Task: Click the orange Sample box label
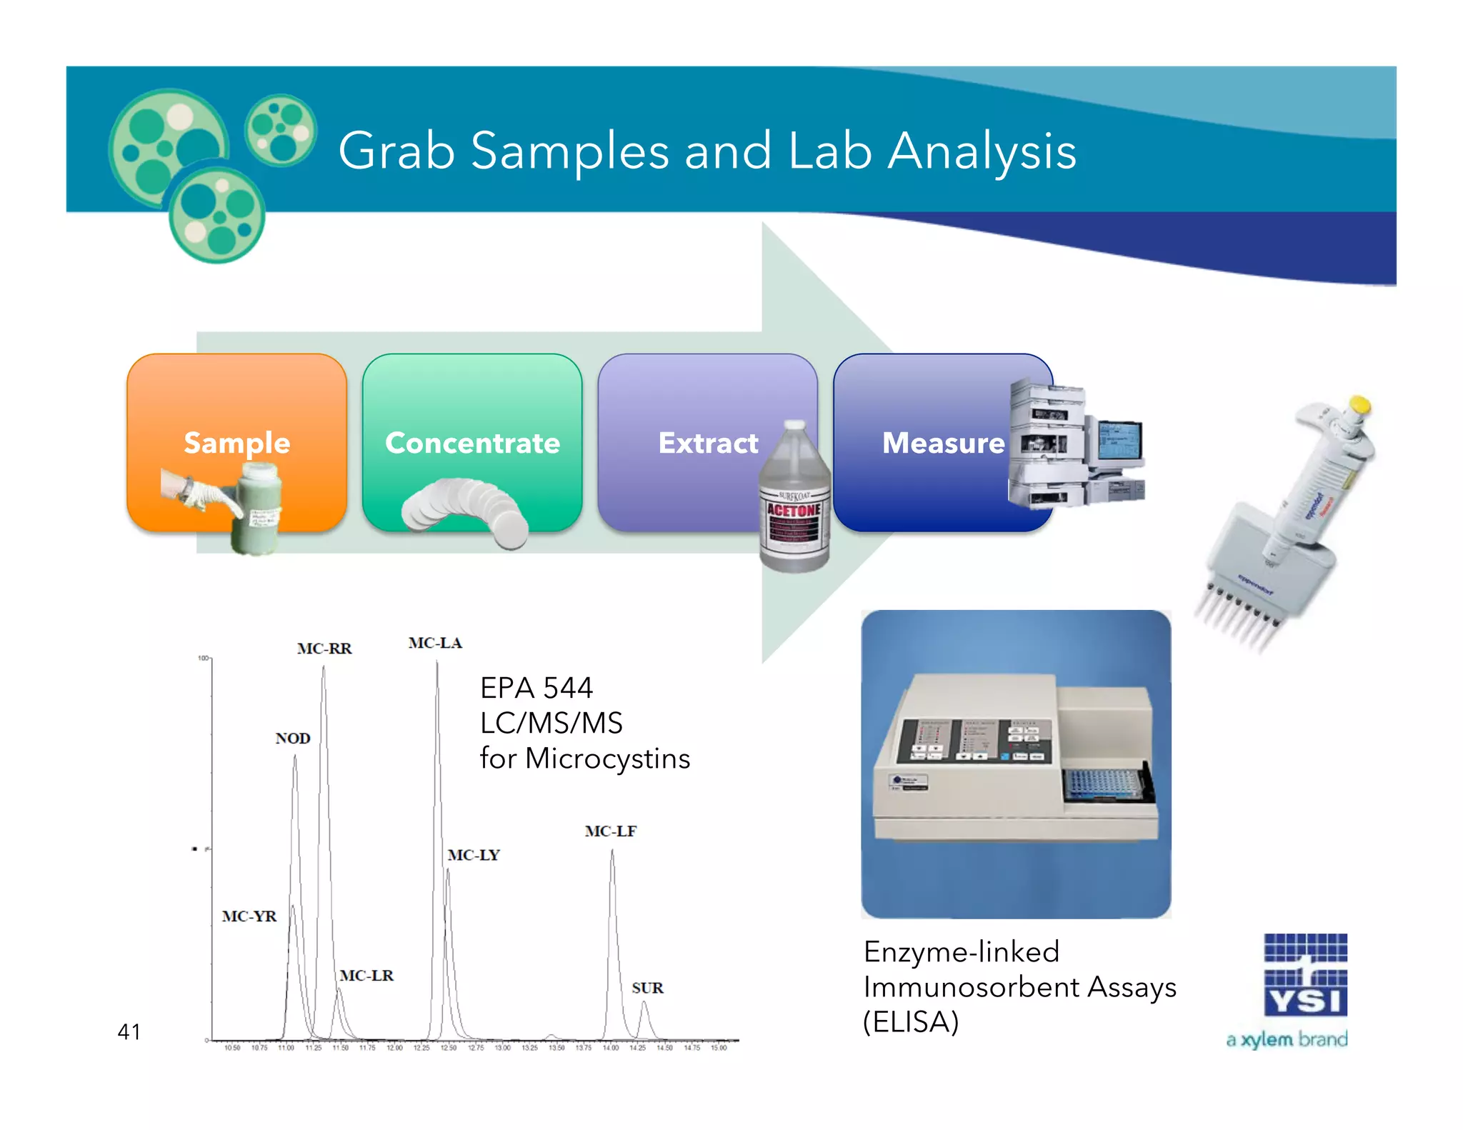[236, 443]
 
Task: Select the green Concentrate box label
[472, 443]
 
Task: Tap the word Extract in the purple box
[708, 443]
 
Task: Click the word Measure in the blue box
[943, 443]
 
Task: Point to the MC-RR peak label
[324, 649]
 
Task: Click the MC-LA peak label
[435, 643]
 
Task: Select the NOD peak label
[293, 738]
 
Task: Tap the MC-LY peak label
[474, 855]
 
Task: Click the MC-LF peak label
[610, 831]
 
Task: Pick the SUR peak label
[647, 988]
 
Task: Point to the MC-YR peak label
[249, 916]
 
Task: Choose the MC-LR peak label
[366, 975]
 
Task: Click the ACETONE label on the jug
[794, 510]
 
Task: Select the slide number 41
[129, 1031]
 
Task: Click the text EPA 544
[536, 688]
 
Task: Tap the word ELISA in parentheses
[911, 1022]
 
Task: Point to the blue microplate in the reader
[1102, 784]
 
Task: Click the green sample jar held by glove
[258, 507]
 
